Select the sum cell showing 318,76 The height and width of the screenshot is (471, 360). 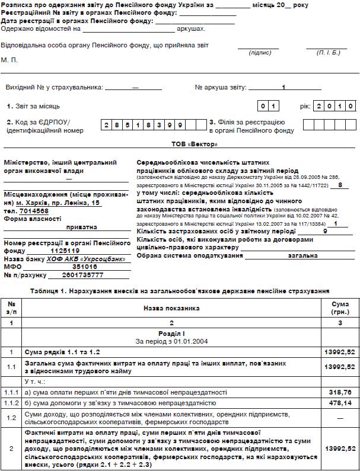[340, 392]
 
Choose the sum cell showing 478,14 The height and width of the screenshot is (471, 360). [340, 403]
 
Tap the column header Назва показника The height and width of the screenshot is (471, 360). [171, 308]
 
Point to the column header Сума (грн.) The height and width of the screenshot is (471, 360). [340, 308]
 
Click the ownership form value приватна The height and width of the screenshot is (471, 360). [84, 226]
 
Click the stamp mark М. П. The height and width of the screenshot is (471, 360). [9, 60]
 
